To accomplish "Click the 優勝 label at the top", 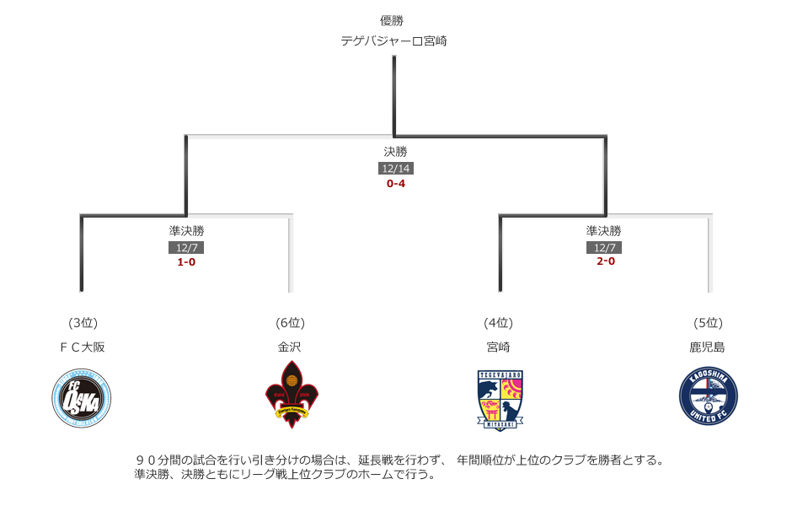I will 393,20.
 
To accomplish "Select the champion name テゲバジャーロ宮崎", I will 393,40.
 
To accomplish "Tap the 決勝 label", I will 395,152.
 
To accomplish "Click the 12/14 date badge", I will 395,169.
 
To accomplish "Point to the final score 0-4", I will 395,183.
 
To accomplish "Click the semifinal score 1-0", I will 186,261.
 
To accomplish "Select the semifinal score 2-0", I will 604,261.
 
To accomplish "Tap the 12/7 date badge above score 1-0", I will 186,247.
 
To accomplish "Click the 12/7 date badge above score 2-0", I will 604,247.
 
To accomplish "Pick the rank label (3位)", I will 83,323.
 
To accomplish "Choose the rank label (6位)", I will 290,323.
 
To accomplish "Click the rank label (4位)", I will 498,323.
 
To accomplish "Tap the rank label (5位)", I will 708,323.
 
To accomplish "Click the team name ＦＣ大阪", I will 83,347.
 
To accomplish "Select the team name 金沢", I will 290,347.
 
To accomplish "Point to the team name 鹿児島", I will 708,347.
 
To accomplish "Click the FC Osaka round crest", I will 82,397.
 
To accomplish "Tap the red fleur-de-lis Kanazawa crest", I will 292,395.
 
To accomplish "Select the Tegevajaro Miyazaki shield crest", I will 500,400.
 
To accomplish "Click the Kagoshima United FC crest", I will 708,396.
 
